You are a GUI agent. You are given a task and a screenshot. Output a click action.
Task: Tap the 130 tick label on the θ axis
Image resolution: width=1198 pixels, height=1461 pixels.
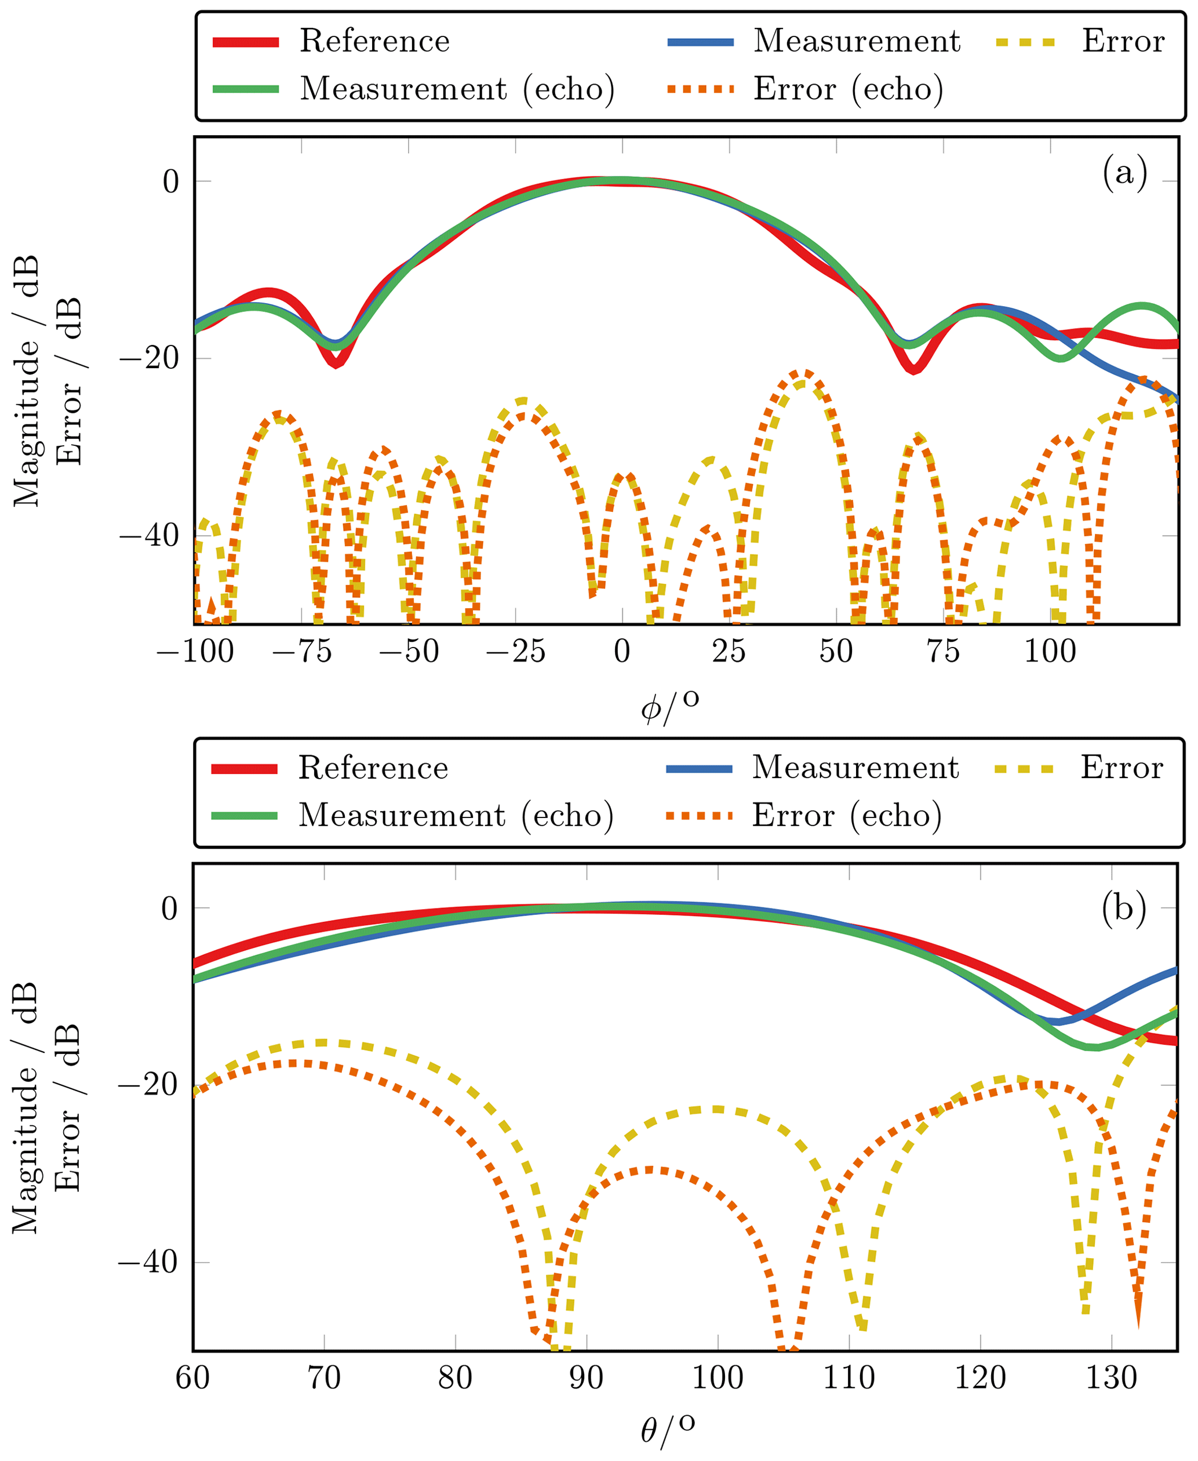point(1111,1378)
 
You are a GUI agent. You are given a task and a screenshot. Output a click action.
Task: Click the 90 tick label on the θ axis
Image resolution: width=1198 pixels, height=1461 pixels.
point(587,1378)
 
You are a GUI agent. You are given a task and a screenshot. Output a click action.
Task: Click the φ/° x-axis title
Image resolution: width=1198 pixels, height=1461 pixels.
point(669,706)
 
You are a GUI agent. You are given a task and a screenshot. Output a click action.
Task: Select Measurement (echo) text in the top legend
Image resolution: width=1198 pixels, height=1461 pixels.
point(457,89)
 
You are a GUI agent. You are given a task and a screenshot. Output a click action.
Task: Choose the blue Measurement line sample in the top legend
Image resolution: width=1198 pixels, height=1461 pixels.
point(701,42)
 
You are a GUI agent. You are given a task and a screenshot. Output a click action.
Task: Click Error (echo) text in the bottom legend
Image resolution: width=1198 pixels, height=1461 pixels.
point(847,816)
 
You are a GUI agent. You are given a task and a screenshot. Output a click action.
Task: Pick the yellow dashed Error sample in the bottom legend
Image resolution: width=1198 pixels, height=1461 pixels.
point(1025,769)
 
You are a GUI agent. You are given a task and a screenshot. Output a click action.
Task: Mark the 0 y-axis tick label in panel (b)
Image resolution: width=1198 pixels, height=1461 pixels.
point(169,908)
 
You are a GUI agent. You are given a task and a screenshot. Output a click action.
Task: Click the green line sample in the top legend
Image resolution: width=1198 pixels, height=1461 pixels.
point(246,89)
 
